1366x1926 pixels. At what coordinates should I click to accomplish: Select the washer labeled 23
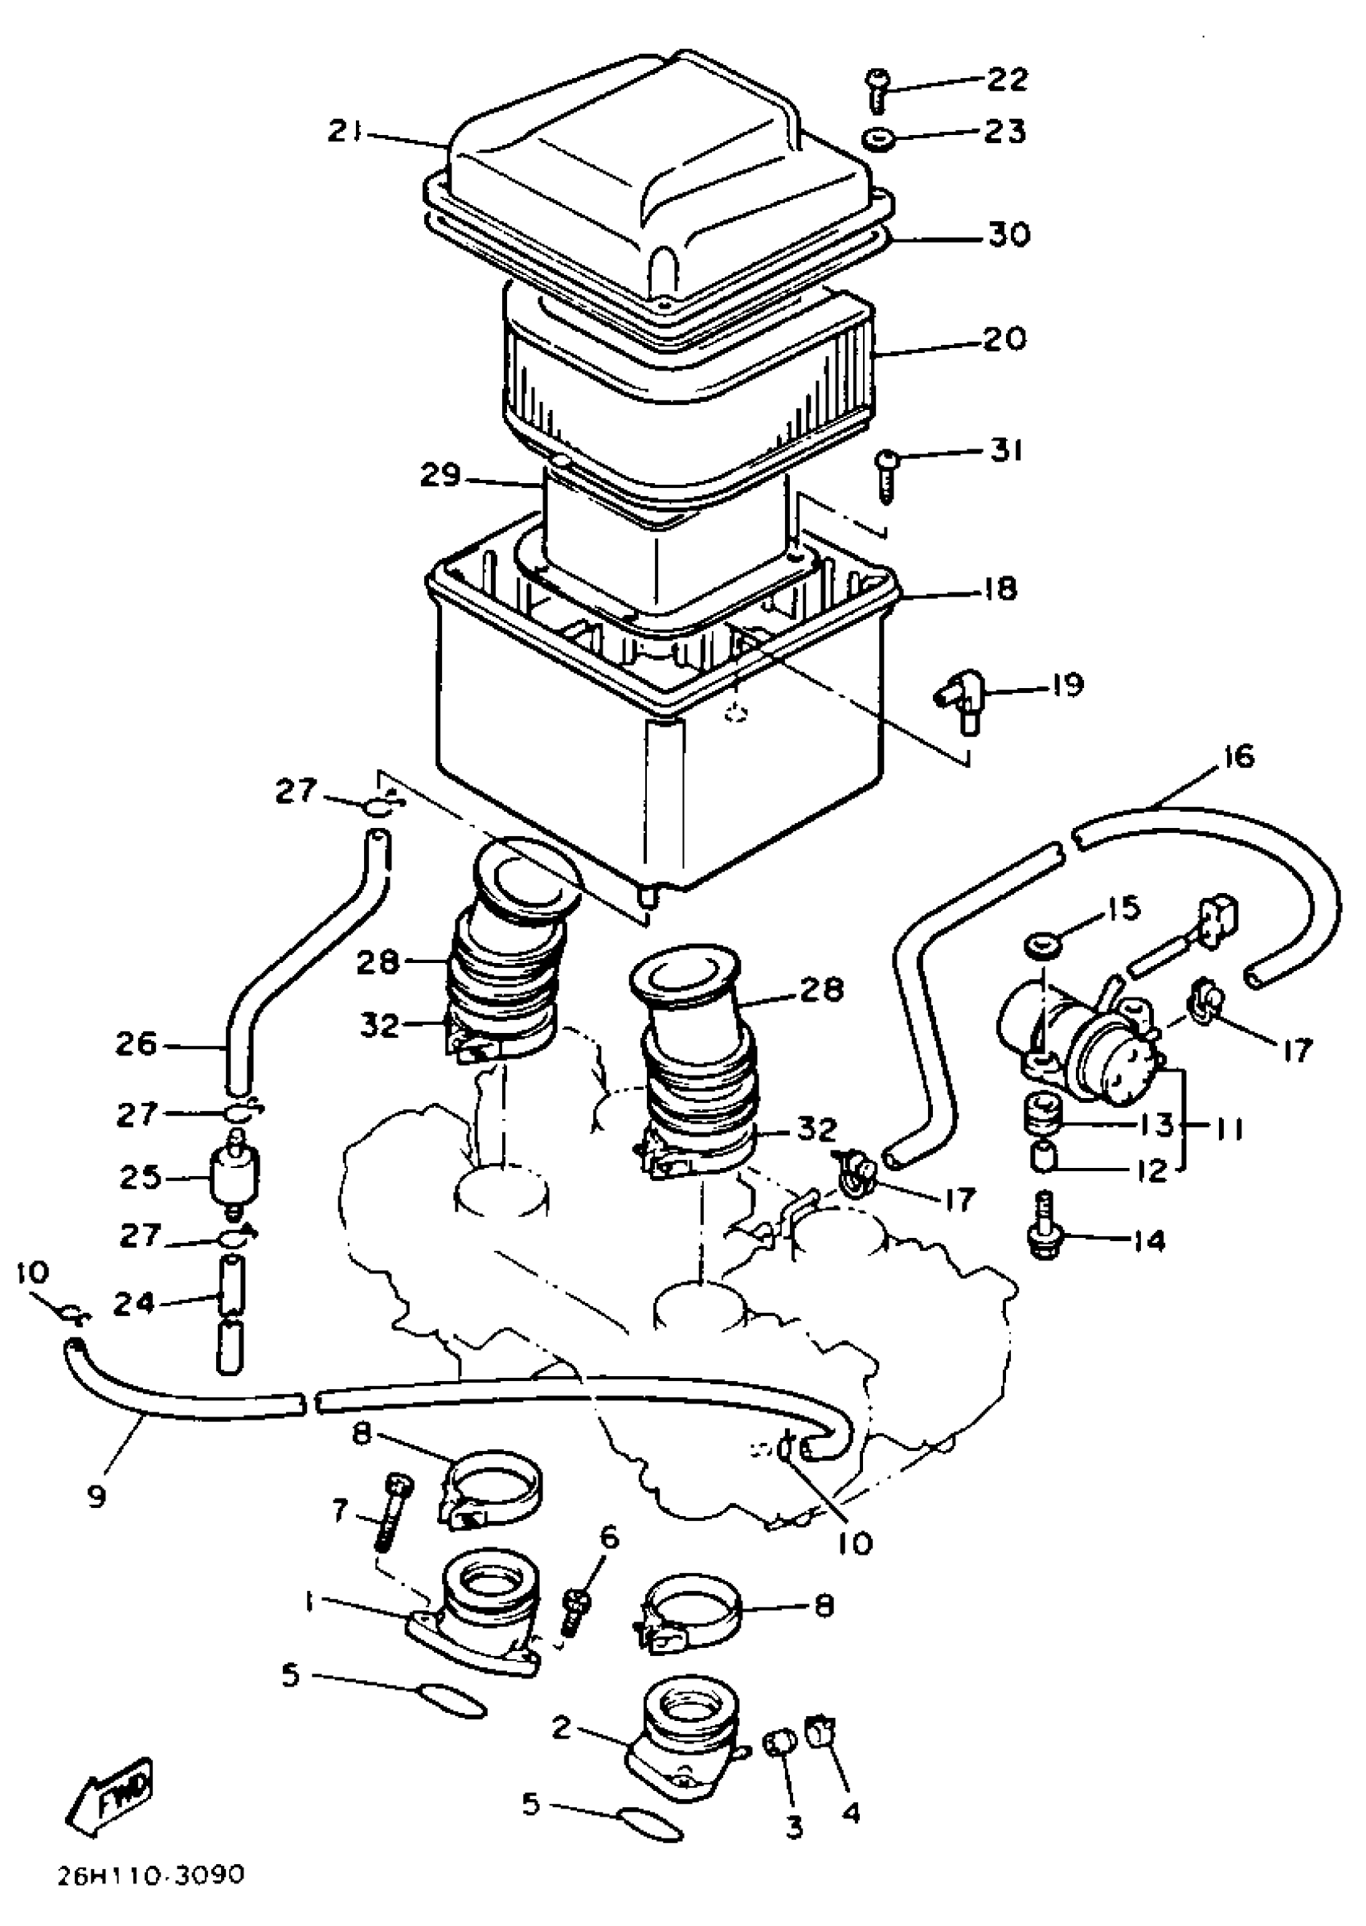click(877, 136)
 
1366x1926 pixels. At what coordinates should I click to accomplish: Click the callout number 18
click(999, 588)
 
